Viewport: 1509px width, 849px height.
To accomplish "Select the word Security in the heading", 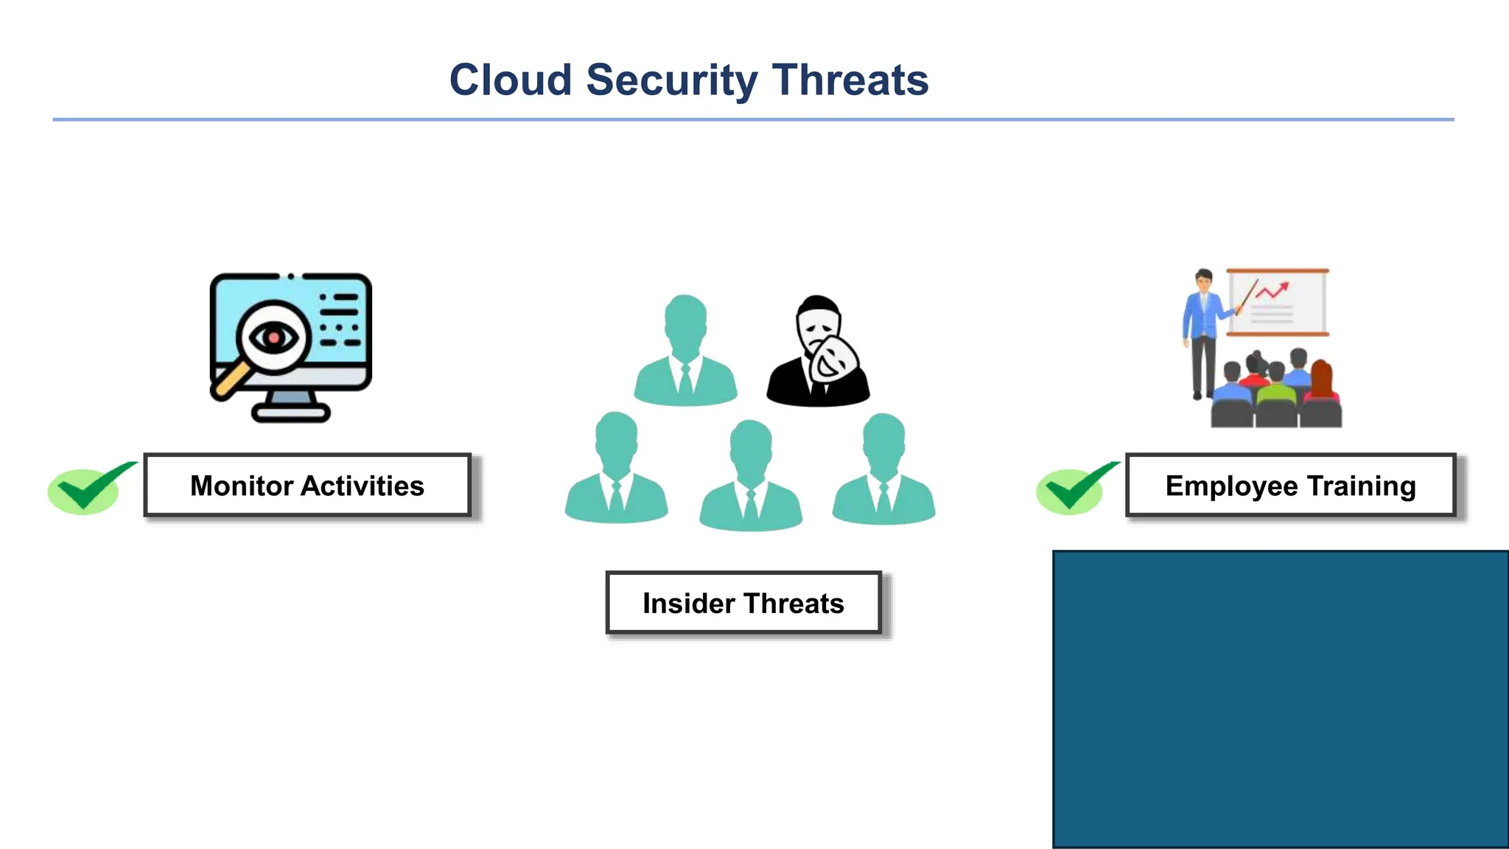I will pyautogui.click(x=671, y=81).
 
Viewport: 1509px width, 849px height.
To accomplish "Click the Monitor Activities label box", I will pyautogui.click(x=307, y=485).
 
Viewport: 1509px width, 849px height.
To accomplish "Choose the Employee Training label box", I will pyautogui.click(x=1290, y=485).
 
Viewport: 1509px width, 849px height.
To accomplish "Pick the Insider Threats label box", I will pyautogui.click(x=743, y=603).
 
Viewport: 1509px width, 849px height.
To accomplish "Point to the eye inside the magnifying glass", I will pyautogui.click(x=273, y=338).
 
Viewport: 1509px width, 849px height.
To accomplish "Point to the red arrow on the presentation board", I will pyautogui.click(x=1272, y=291).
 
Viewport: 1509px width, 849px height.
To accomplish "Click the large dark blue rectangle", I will pyautogui.click(x=1281, y=699).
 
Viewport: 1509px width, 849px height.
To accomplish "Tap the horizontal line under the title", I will pyautogui.click(x=753, y=119).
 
